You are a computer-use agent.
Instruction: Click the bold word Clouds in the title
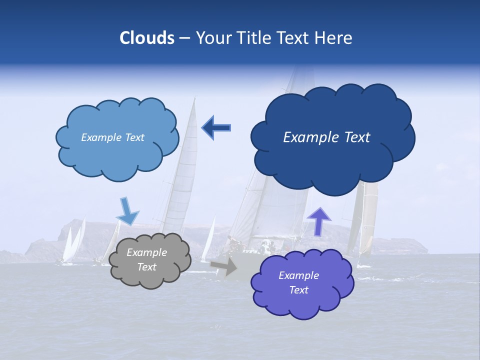[146, 38]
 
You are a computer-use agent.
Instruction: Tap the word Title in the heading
[253, 38]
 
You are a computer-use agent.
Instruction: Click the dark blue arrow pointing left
[216, 127]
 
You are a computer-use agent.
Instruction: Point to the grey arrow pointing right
[223, 266]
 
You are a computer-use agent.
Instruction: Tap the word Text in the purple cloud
[298, 290]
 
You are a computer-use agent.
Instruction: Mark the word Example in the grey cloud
[146, 252]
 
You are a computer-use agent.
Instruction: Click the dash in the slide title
[184, 38]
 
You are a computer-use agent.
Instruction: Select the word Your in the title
[212, 38]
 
